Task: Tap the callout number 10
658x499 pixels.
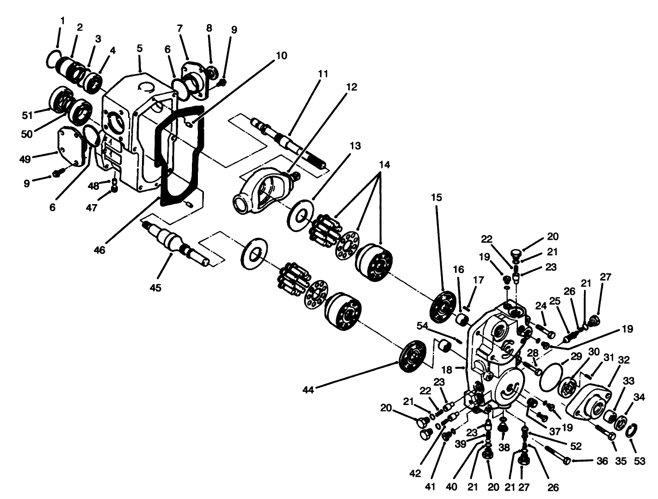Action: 282,56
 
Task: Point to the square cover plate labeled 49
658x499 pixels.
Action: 72,148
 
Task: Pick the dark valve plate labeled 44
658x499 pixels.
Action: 412,356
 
